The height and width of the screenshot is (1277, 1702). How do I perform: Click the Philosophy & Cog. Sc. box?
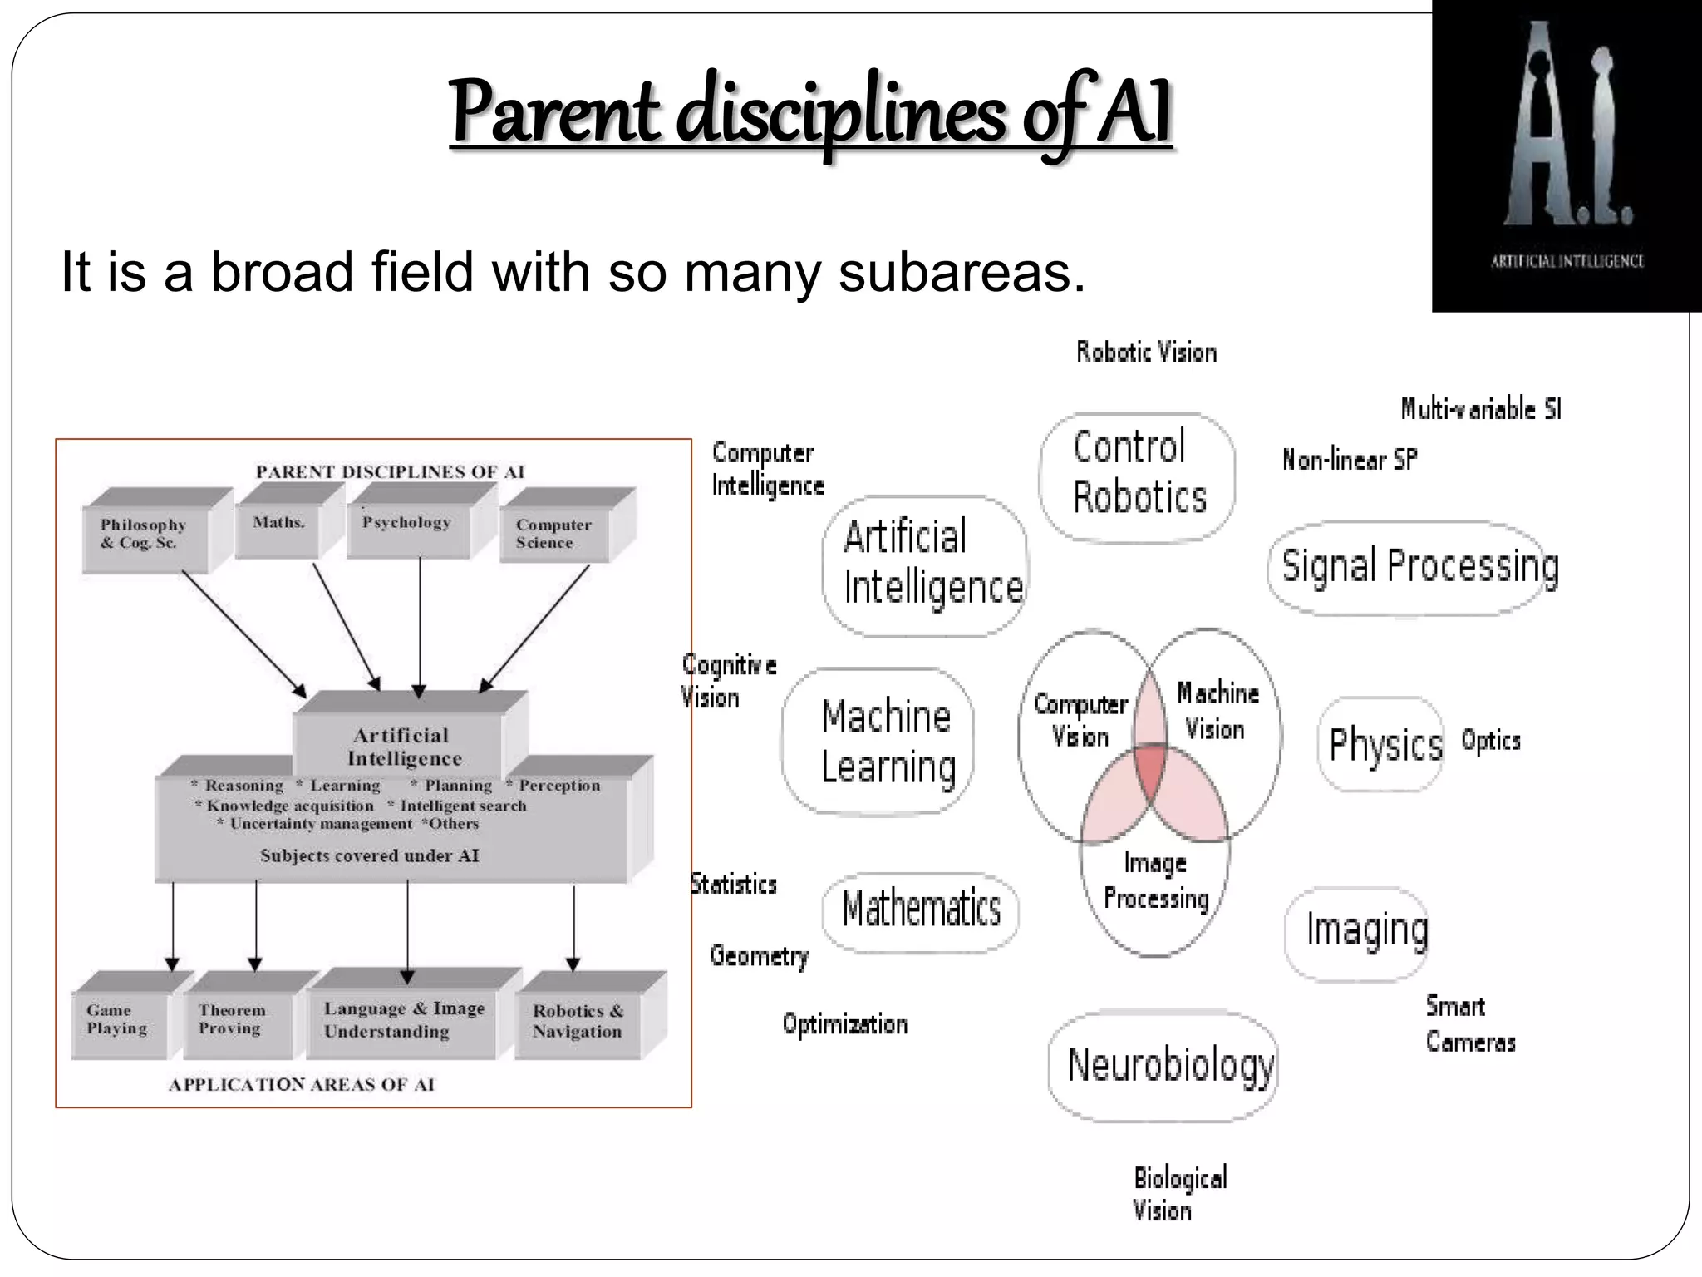[x=145, y=535]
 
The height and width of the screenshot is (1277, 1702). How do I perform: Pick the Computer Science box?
[x=553, y=535]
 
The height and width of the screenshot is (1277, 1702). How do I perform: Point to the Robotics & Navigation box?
[x=578, y=1021]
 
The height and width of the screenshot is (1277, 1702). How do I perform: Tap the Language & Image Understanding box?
[x=403, y=1019]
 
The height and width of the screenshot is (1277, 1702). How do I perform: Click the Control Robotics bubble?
[x=1137, y=474]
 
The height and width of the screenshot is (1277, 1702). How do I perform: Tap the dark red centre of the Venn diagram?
[x=1151, y=770]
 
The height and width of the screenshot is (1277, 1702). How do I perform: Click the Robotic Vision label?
[x=1146, y=353]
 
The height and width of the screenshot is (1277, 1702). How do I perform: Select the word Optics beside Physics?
[x=1490, y=741]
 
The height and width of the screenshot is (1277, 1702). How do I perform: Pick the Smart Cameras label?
[x=1469, y=1024]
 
